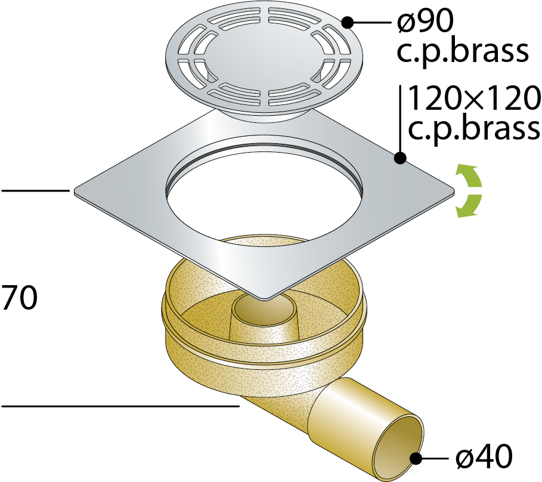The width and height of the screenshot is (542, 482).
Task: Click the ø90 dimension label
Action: tap(425, 21)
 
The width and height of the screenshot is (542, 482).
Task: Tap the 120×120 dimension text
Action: tap(474, 98)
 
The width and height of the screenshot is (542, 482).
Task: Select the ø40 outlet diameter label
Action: tap(484, 456)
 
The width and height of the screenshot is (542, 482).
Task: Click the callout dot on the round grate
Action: tap(347, 23)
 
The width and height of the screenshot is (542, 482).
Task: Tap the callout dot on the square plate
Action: tap(400, 158)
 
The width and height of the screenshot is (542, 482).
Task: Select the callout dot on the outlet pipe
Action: tap(416, 459)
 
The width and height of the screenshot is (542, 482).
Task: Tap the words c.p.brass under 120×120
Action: tap(474, 129)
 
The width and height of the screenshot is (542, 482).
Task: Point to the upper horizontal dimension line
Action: tap(35, 190)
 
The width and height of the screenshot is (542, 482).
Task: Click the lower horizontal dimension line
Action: tap(120, 406)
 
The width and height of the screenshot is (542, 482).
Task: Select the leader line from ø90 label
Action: tap(372, 23)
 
